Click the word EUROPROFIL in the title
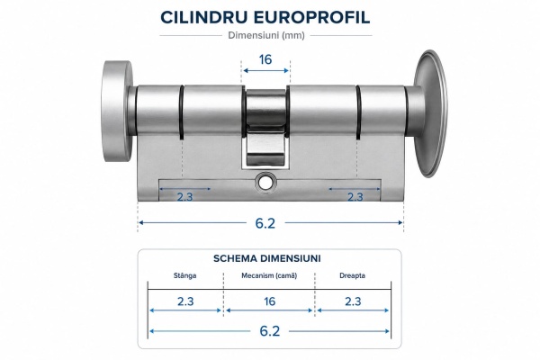click(x=311, y=17)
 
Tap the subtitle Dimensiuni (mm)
click(x=266, y=35)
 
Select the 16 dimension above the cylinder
click(x=265, y=59)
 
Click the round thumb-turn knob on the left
click(x=117, y=112)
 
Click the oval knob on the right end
click(x=430, y=113)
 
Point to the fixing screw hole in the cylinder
click(x=265, y=183)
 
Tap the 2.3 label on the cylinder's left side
click(x=184, y=197)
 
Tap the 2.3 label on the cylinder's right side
click(x=355, y=197)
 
